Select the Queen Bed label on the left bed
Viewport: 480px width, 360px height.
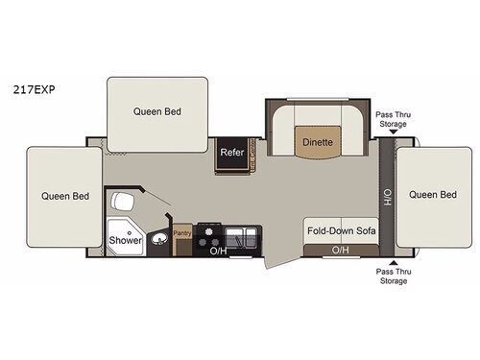click(x=65, y=196)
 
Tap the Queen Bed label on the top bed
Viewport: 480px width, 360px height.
click(x=156, y=111)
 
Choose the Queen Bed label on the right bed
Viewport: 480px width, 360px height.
click(x=434, y=195)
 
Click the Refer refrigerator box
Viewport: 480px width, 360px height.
click(x=230, y=153)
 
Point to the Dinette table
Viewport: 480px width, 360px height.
click(x=318, y=142)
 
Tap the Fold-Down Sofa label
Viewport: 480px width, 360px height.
click(x=341, y=231)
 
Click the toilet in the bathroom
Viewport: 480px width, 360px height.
click(x=122, y=204)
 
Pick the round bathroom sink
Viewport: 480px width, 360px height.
click(x=160, y=240)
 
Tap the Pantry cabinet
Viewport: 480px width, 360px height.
click(x=181, y=233)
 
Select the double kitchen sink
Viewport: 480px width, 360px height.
click(x=241, y=236)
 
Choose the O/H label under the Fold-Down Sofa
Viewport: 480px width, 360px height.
click(x=340, y=251)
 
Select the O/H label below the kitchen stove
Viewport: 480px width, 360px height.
click(x=217, y=252)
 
